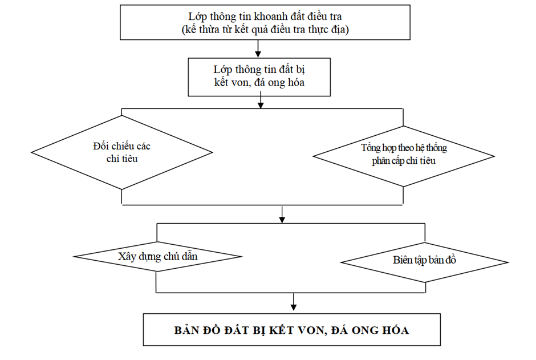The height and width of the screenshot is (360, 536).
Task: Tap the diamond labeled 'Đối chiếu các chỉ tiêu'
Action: (x=122, y=152)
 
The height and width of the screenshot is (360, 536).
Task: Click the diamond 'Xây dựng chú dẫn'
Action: (x=157, y=256)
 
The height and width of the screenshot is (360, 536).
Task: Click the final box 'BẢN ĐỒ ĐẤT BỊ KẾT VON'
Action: (x=291, y=330)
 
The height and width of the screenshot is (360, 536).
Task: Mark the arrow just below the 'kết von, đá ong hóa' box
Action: (x=261, y=103)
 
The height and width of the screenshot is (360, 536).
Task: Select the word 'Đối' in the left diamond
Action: (x=100, y=145)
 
